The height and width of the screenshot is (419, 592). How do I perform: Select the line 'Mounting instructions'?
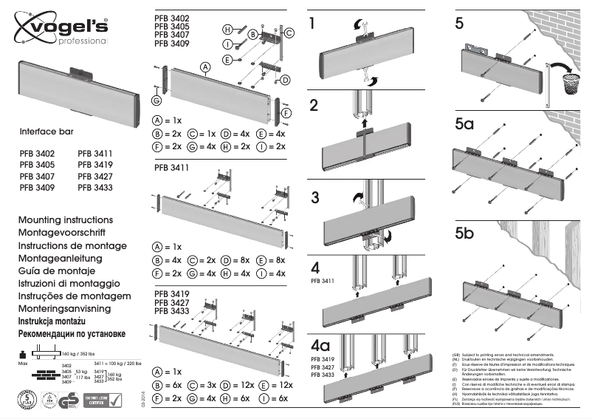click(65, 220)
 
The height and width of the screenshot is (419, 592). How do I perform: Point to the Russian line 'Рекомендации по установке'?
click(70, 333)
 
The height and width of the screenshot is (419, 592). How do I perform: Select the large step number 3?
click(315, 198)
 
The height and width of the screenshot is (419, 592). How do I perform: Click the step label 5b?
click(465, 236)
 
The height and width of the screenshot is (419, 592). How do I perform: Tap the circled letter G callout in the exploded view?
click(156, 100)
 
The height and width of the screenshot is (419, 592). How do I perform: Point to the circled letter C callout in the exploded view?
click(289, 33)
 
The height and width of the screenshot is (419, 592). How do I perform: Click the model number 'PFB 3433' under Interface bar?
click(94, 188)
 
